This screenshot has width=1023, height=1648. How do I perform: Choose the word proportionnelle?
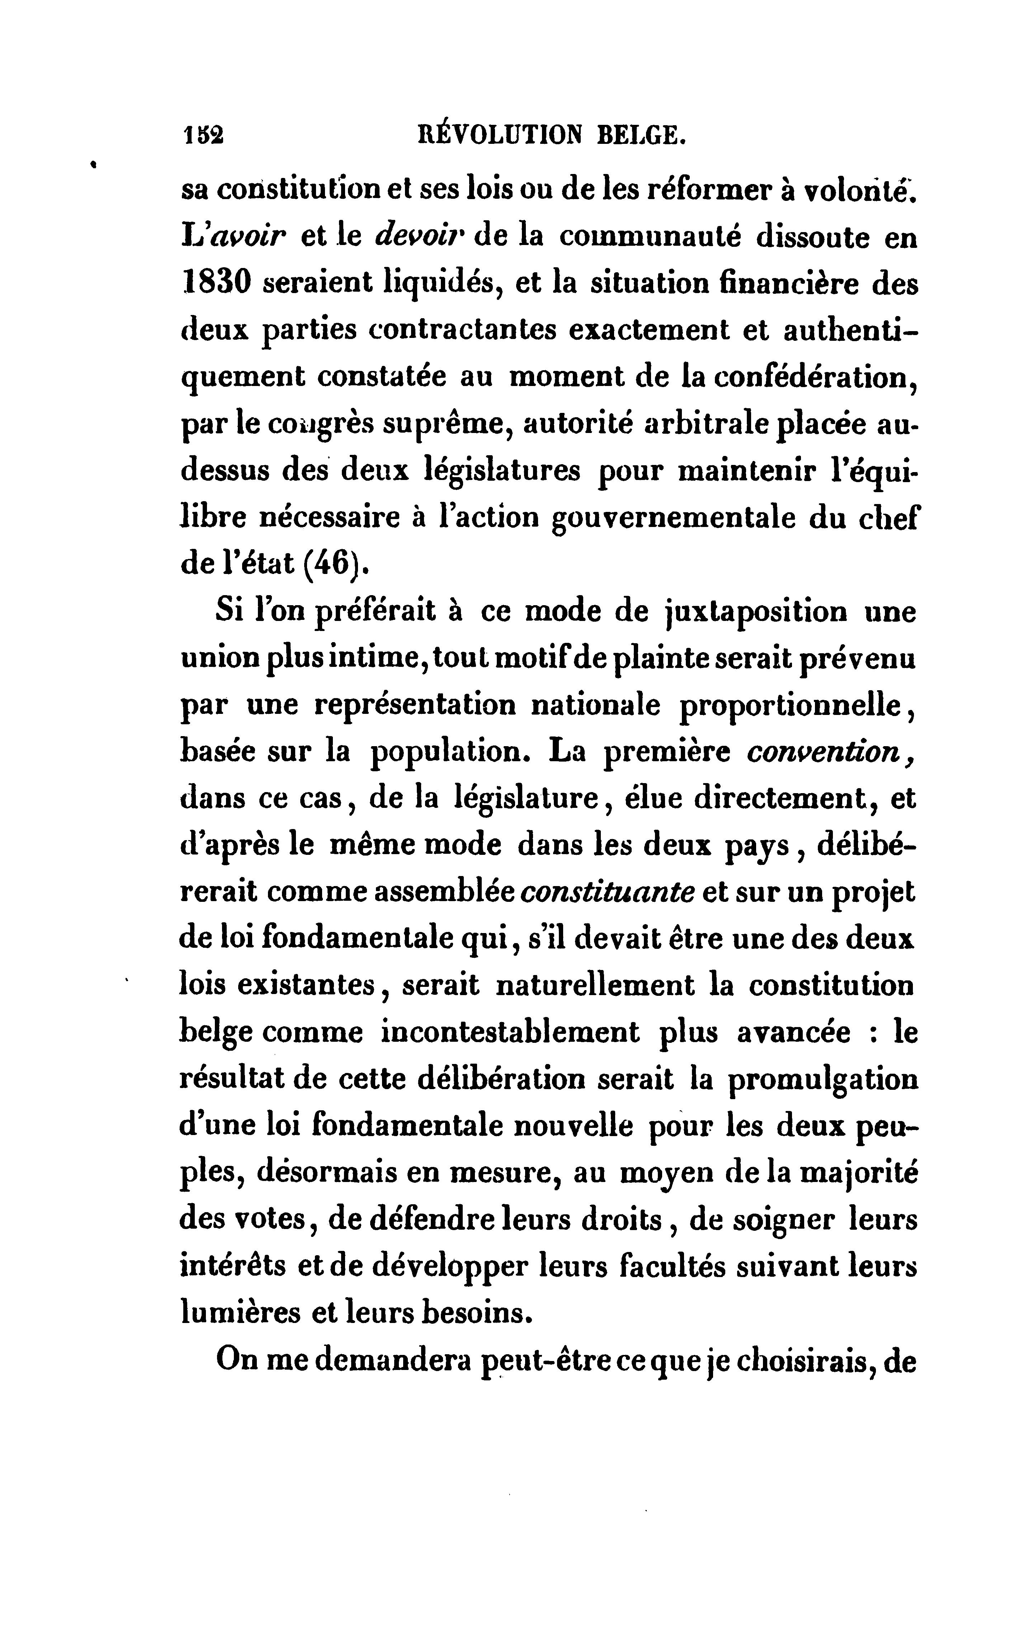pyautogui.click(x=792, y=706)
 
